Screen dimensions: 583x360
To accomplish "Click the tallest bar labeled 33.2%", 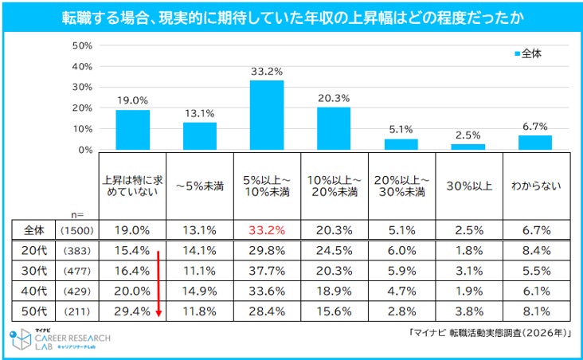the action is [267, 115].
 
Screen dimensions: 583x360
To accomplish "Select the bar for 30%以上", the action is [468, 147].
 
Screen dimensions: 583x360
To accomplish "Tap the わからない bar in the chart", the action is [535, 143].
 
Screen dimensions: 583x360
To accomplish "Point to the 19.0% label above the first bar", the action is [133, 100].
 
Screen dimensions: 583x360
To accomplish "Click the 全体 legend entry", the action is [528, 54].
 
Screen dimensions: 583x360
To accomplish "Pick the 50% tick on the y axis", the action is [82, 45].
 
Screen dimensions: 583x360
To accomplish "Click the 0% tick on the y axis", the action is [85, 150].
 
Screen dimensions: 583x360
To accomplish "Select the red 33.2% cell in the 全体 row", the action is [267, 230].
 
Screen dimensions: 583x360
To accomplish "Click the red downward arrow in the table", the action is [158, 284].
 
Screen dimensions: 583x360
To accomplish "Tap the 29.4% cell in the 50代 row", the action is [132, 311].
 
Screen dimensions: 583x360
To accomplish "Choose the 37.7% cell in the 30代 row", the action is [267, 271].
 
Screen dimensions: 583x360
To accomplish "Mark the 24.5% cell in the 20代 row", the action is [334, 251].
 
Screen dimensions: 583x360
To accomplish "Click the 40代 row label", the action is [33, 291].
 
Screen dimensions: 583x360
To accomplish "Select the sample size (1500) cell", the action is [77, 231].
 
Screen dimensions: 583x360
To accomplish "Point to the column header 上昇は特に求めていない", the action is [132, 186].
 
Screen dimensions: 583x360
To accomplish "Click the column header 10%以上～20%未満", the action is [335, 186].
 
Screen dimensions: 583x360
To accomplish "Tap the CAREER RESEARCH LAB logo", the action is [60, 339].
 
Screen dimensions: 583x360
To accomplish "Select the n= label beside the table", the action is [77, 215].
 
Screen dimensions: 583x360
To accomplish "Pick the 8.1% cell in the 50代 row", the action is [536, 311].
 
